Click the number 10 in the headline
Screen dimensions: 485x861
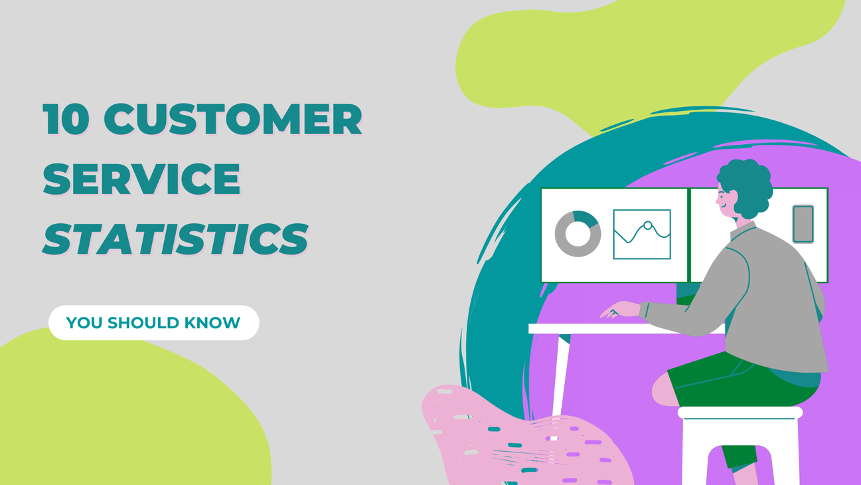click(x=64, y=120)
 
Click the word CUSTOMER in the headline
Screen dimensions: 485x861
click(x=232, y=120)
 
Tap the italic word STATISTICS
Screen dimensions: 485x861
click(x=175, y=239)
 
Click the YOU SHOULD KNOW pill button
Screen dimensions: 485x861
click(x=153, y=323)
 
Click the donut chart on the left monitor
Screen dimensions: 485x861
click(x=578, y=234)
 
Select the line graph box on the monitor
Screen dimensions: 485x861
click(x=641, y=235)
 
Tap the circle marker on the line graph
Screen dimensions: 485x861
click(x=647, y=225)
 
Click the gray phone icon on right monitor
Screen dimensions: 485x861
click(x=803, y=224)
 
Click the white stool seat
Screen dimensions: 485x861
click(x=740, y=413)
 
